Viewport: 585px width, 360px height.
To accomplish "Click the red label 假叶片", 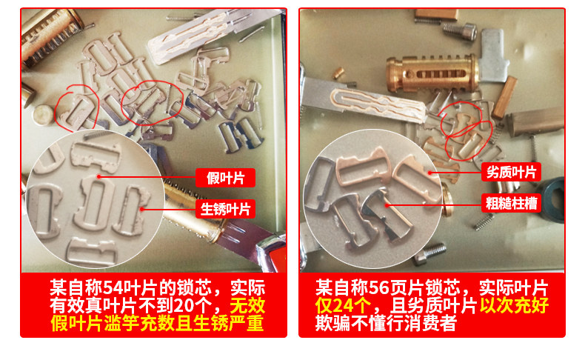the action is click(x=225, y=178).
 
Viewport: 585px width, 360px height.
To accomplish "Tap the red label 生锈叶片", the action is click(x=225, y=209).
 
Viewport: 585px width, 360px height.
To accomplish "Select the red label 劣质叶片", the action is click(x=511, y=173).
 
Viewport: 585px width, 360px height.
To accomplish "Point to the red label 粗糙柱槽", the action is click(x=511, y=203).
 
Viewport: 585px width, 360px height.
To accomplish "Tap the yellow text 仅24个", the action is click(x=343, y=306).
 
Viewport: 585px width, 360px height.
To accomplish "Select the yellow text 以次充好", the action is click(x=514, y=305).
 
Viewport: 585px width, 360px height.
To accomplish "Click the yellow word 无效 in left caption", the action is click(x=247, y=305).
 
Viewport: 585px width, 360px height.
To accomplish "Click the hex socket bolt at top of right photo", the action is click(x=460, y=30).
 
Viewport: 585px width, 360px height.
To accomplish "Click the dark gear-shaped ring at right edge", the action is click(x=552, y=200).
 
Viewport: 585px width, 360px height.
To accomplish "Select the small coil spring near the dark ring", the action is click(x=484, y=221).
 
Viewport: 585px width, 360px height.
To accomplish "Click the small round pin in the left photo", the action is click(x=43, y=114).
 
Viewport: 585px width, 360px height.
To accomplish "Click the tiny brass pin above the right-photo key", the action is click(x=338, y=73).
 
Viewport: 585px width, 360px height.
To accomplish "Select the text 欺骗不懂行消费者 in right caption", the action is click(x=386, y=323).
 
